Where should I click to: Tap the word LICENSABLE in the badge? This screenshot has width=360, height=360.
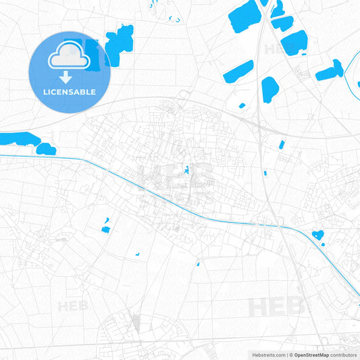70,92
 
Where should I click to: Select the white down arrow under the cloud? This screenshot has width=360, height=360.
70,76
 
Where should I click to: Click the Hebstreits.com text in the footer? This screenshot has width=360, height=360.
267,355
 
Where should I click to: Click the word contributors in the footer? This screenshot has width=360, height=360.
344,355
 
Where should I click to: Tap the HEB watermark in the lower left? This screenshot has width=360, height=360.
72,306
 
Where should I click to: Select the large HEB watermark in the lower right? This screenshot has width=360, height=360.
277,307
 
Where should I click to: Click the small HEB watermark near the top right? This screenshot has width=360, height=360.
276,49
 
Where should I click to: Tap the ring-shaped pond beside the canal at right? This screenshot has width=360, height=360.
317,236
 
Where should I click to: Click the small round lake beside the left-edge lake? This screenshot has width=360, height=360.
46,149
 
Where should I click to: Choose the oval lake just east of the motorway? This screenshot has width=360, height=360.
270,88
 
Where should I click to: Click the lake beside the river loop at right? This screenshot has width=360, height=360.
329,71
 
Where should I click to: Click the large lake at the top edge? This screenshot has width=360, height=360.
245,16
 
